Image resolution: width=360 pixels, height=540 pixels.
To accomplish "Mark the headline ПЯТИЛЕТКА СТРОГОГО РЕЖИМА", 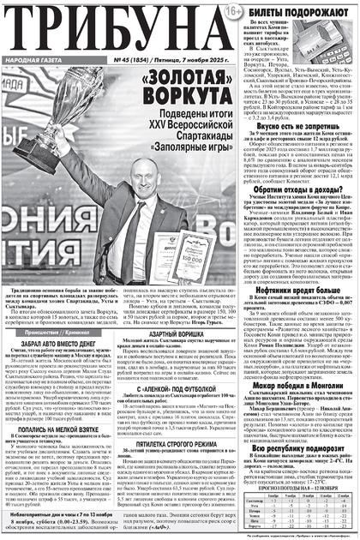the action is [180, 444].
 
